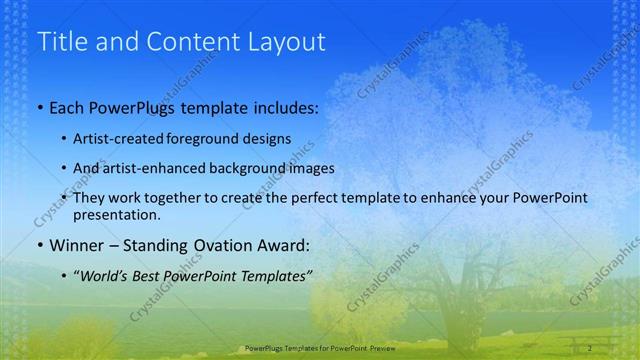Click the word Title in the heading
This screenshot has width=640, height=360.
62,42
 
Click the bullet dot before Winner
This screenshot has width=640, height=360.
39,245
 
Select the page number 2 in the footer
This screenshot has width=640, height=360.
590,348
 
